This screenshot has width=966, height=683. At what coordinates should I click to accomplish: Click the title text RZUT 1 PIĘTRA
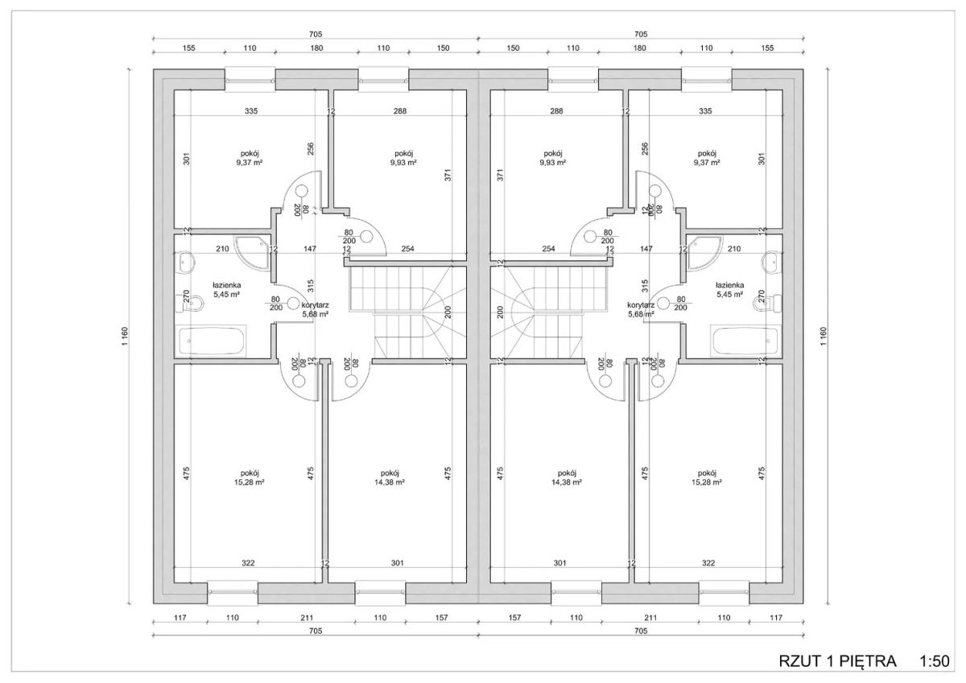click(x=837, y=661)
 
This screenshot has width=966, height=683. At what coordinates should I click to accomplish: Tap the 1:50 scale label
click(x=935, y=661)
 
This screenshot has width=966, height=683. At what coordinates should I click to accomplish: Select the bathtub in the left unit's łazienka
click(x=211, y=341)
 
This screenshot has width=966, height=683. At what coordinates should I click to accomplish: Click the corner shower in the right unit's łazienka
click(x=704, y=253)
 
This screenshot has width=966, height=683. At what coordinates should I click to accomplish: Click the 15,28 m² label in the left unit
click(x=250, y=482)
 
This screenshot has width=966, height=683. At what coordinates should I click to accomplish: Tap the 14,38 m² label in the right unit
click(x=567, y=482)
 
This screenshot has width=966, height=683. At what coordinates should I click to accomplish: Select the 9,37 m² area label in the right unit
click(x=707, y=163)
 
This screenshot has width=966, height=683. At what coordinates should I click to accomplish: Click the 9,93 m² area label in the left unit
click(x=403, y=163)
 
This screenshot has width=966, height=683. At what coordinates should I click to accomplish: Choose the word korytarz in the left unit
click(x=316, y=305)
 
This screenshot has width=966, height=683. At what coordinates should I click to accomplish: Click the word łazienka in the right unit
click(x=729, y=285)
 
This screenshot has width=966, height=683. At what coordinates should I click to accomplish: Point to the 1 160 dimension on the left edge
click(x=125, y=336)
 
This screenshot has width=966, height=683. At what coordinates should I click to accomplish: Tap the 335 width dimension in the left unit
click(x=251, y=111)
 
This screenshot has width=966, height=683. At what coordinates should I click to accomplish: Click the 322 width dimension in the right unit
click(x=708, y=563)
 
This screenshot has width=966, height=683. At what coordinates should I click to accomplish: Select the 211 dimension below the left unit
click(x=307, y=618)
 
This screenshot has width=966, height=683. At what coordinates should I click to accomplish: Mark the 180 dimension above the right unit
click(x=639, y=48)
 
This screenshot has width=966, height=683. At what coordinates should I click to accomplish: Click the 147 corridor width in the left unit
click(x=310, y=249)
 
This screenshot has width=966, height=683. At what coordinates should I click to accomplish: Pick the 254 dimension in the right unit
click(x=548, y=249)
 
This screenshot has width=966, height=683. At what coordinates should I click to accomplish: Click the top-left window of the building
click(x=250, y=80)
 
